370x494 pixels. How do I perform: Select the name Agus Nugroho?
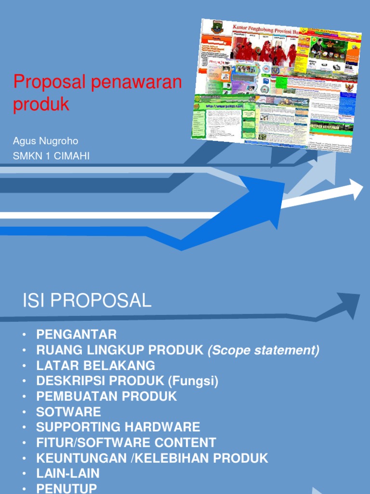(46, 141)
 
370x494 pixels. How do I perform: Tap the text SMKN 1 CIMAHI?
(52, 156)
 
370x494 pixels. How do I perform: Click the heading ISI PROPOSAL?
(87, 301)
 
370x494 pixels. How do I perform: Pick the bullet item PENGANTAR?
(76, 334)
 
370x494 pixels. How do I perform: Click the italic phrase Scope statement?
(264, 350)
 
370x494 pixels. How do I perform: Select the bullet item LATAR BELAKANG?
(95, 366)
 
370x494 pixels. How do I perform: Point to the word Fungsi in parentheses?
(193, 381)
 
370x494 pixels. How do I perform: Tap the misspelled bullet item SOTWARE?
(68, 412)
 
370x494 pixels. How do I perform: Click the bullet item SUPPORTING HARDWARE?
(118, 427)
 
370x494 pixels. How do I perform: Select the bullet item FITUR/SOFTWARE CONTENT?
(126, 442)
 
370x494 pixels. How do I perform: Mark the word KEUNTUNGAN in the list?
(80, 458)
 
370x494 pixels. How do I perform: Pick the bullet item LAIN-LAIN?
(68, 473)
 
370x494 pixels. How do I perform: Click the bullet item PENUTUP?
(66, 488)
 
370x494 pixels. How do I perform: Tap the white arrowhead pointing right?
(356, 189)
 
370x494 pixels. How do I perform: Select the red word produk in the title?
(41, 104)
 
